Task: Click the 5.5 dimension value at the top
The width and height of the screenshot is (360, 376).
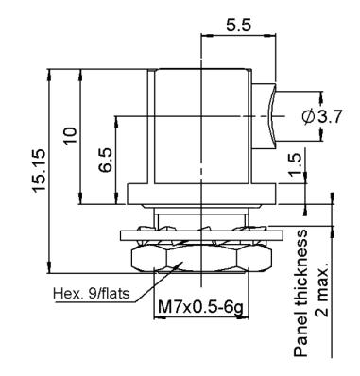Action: [239, 25]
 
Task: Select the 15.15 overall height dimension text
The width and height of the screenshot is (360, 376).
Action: [40, 170]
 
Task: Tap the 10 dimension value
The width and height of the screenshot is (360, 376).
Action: [70, 135]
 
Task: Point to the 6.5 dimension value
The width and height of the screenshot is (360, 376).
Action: [105, 160]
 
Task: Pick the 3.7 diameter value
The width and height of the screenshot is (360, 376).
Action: [330, 117]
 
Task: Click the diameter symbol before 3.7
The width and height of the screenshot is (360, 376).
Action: [308, 117]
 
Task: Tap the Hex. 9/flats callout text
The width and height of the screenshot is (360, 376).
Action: [92, 294]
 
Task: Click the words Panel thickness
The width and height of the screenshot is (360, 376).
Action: [300, 293]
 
